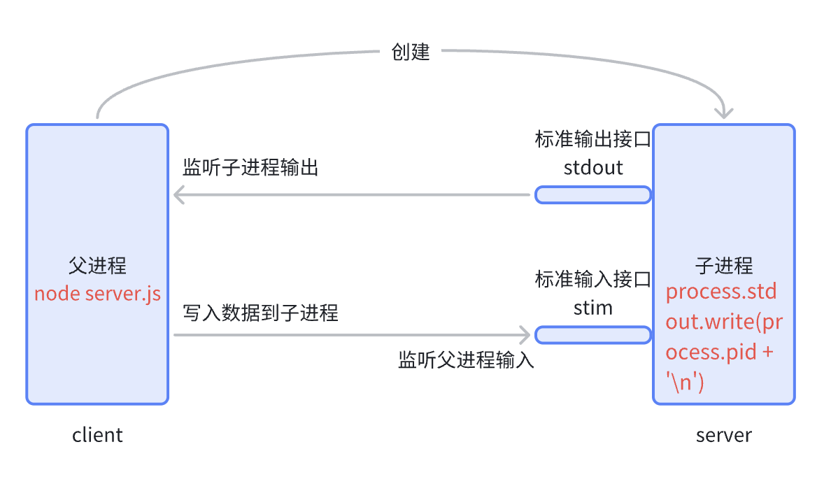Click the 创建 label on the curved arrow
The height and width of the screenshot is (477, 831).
[411, 52]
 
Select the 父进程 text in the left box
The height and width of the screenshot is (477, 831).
[97, 266]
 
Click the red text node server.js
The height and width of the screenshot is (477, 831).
[97, 293]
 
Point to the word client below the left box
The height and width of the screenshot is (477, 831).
[97, 435]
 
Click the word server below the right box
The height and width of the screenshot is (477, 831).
[723, 435]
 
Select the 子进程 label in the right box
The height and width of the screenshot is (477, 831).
[724, 266]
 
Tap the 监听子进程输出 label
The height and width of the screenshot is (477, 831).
[250, 168]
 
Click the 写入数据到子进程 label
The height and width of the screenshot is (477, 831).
[260, 313]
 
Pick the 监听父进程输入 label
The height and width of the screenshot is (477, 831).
[466, 360]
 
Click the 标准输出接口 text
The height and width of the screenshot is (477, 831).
[592, 139]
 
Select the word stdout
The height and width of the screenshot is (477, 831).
[592, 168]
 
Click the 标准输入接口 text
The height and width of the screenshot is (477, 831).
[592, 279]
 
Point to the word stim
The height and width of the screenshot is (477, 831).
[592, 308]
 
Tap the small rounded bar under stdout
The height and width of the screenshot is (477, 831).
[593, 194]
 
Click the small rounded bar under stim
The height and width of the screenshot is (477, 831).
[593, 335]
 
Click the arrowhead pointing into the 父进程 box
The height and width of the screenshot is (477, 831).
[179, 194]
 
